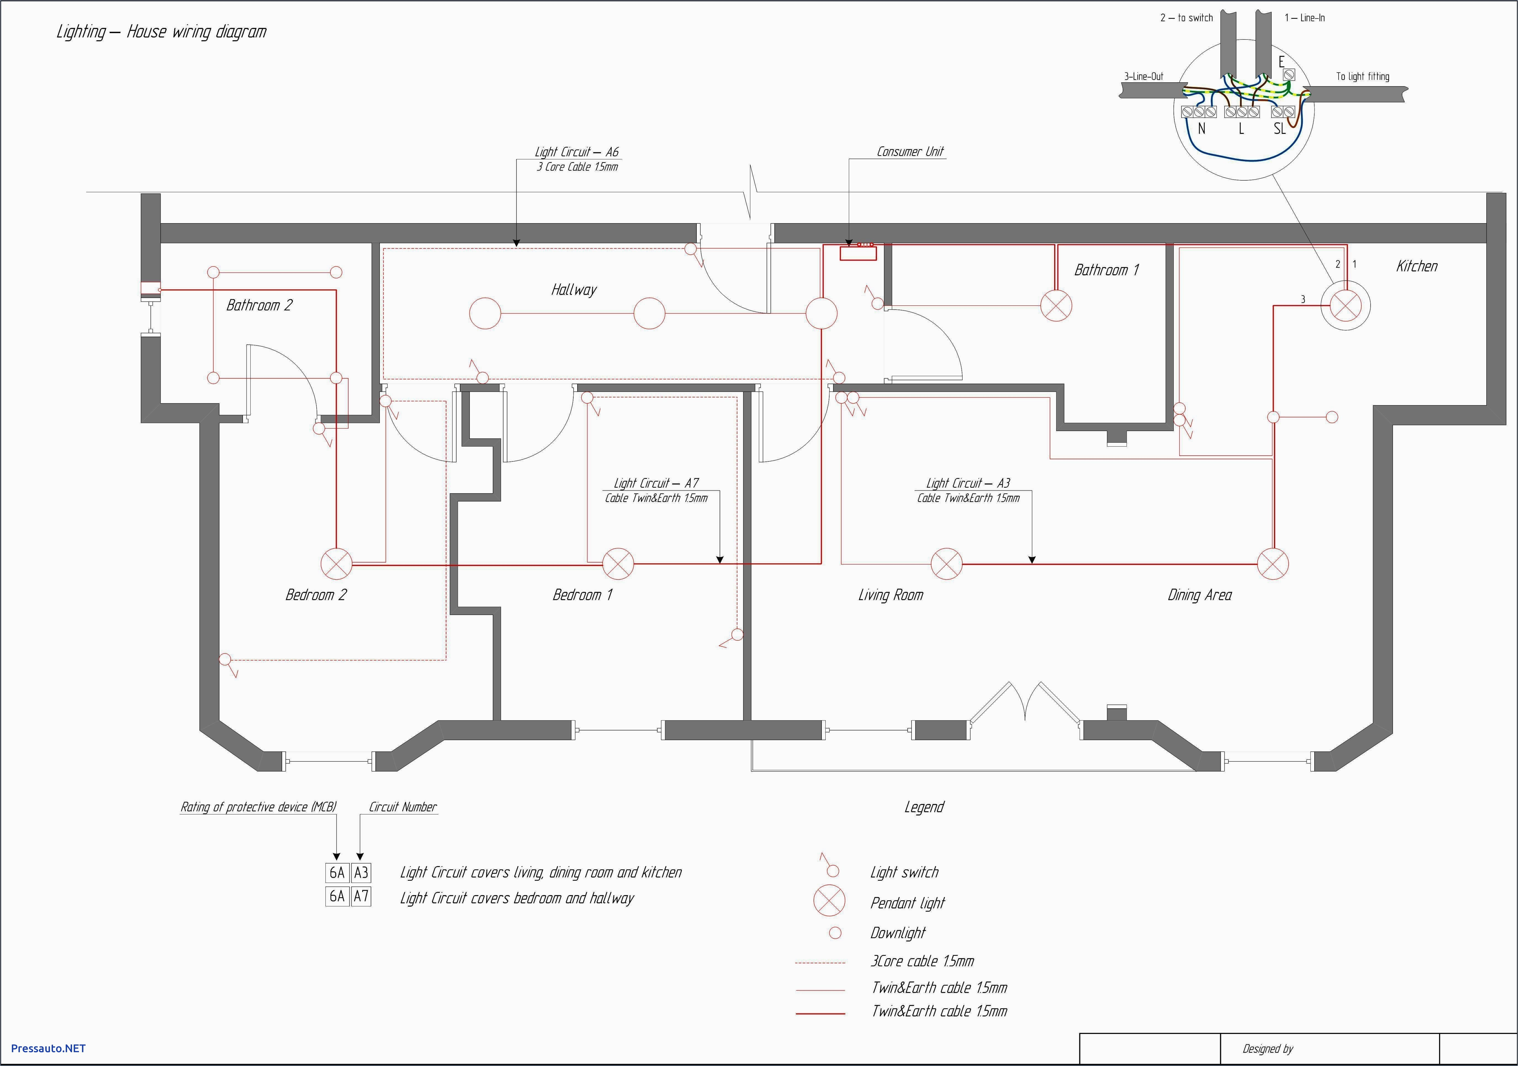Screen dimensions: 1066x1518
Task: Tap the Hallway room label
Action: tap(573, 290)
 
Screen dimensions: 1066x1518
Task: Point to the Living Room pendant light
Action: tap(946, 564)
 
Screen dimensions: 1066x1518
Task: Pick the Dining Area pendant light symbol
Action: tap(1272, 564)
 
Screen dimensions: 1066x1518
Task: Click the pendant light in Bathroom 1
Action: tap(1056, 305)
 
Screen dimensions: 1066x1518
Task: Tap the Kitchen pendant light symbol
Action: tap(1345, 305)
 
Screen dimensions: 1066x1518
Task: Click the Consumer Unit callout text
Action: tap(910, 151)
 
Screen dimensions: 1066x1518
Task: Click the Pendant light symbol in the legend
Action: tap(829, 901)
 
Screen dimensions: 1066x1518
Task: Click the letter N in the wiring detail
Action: tap(1201, 129)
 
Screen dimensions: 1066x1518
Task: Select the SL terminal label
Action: tap(1279, 129)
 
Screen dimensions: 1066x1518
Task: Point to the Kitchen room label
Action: tap(1416, 266)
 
